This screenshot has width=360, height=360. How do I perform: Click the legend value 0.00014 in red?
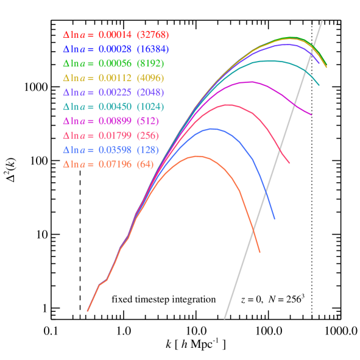tap(115, 35)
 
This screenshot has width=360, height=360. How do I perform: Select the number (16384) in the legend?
tap(153, 49)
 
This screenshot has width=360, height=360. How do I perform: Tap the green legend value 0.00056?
tap(115, 63)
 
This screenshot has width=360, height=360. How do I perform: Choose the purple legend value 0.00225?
tap(115, 93)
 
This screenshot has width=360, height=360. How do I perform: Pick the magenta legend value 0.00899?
tap(115, 121)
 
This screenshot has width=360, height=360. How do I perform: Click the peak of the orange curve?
tap(197, 156)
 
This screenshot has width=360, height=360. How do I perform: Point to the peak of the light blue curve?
tap(212, 129)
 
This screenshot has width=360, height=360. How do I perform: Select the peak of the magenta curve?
tap(249, 82)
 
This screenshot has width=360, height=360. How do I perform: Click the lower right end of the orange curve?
tap(260, 252)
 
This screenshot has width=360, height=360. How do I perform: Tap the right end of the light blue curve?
tap(275, 219)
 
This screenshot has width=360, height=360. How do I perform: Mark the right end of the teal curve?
tap(319, 85)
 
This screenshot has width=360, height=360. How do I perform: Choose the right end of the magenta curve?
tap(312, 115)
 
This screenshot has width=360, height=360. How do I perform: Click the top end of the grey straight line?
tap(322, 21)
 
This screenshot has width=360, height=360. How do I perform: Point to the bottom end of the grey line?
tap(225, 318)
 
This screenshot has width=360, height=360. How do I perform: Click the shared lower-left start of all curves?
tap(88, 311)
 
